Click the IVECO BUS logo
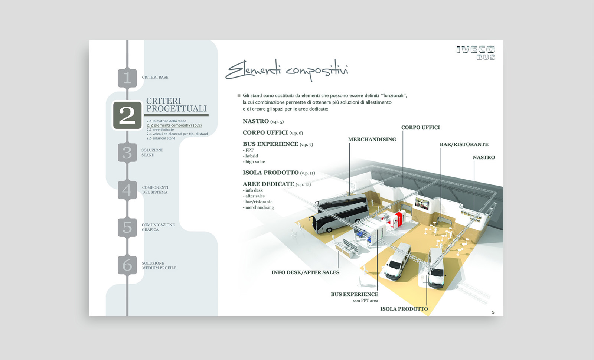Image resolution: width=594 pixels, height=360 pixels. coord(476,53)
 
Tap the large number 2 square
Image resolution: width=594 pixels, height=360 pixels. coord(127,115)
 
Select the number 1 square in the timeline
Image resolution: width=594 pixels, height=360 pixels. coord(127,78)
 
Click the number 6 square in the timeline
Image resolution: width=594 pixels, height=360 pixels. coord(127,265)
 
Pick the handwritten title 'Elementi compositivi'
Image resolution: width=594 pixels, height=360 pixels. coord(287,70)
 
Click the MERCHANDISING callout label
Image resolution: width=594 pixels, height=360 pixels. coord(372,140)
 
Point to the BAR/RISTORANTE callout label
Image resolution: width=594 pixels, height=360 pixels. coord(464,144)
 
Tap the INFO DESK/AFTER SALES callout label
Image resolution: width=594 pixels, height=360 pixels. coord(305,272)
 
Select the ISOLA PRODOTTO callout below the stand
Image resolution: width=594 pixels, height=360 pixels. coord(404,309)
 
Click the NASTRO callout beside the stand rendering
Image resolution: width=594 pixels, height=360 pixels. coord(484,157)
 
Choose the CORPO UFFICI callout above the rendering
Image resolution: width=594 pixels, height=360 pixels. coord(421,128)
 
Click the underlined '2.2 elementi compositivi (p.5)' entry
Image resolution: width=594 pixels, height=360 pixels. coord(174,125)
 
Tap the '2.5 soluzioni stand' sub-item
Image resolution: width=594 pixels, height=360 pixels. coord(161,138)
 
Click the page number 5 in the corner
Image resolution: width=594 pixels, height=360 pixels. coord(493,312)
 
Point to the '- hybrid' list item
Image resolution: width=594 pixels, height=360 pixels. coord(250,156)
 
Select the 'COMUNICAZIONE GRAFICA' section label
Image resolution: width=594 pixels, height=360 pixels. coord(158,227)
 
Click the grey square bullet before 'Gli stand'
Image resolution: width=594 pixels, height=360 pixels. coord(239,96)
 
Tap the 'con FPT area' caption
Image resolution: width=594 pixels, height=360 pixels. coord(365,301)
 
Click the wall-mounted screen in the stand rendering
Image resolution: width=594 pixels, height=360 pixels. coord(422,204)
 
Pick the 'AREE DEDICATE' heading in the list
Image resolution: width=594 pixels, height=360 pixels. coord(268,184)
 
